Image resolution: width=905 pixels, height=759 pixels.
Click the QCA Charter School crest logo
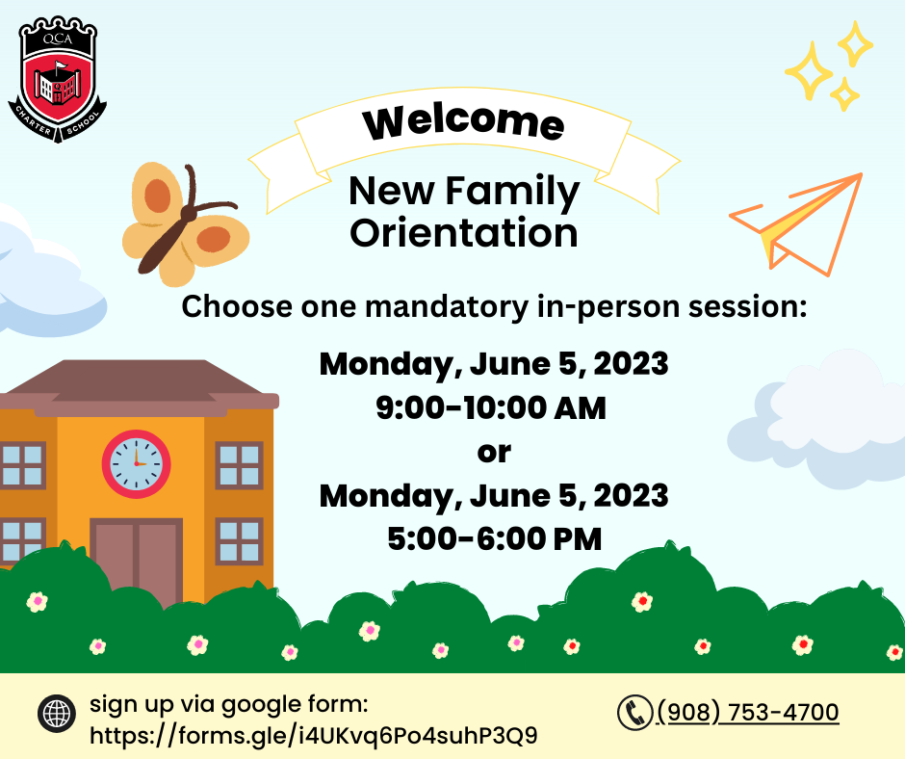tap(57, 79)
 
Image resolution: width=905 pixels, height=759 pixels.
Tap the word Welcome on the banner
tap(463, 122)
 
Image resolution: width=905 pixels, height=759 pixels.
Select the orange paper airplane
tap(796, 223)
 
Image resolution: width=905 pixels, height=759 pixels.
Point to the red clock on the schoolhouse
tap(136, 464)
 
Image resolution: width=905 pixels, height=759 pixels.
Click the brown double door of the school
tap(136, 561)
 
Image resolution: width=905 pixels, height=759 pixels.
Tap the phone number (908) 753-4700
tap(748, 712)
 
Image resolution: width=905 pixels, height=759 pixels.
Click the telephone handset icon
tap(634, 713)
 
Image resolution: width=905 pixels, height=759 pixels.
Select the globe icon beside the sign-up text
tap(57, 714)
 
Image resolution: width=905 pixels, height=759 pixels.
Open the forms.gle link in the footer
tap(314, 735)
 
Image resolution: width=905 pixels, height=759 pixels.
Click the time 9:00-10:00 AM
tap(491, 407)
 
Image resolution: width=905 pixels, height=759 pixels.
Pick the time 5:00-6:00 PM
tap(495, 538)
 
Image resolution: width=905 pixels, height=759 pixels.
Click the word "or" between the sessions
tap(494, 453)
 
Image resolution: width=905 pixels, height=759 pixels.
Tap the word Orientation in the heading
tap(463, 233)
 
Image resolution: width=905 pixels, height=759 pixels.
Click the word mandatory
tap(447, 306)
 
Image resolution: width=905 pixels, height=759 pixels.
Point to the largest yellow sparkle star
tap(809, 70)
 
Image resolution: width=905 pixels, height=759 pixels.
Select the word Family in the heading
tap(512, 191)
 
